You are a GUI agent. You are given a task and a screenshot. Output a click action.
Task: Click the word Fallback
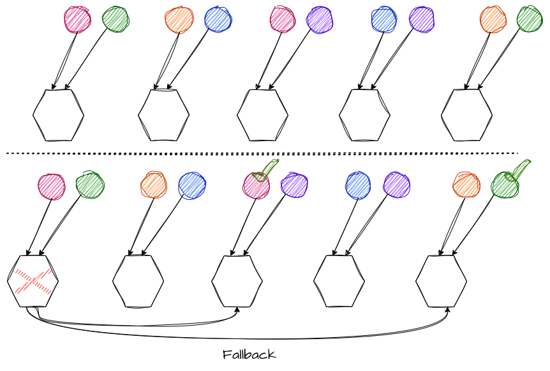tap(249, 354)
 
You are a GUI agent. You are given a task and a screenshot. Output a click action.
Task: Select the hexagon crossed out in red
tap(33, 281)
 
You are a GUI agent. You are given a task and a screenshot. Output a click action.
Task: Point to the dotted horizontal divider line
tap(262, 153)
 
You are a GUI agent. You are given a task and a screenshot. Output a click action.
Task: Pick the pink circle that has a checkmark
tap(256, 186)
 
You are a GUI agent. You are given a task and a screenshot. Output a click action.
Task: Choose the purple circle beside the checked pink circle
tap(294, 185)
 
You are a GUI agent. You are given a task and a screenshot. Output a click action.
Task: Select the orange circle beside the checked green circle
tap(466, 185)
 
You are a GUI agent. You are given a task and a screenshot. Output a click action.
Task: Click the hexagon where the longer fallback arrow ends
tap(441, 281)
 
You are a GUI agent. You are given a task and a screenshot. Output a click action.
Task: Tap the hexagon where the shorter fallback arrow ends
tap(237, 281)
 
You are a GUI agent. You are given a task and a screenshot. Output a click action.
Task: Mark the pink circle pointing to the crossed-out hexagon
tap(51, 186)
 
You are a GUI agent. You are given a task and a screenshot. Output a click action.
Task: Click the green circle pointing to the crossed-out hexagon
tap(89, 185)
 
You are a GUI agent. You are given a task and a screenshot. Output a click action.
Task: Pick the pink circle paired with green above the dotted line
tap(77, 20)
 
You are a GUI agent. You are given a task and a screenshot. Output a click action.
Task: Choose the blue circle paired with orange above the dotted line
tap(218, 19)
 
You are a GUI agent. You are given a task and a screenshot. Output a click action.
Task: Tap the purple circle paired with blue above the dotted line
tap(422, 19)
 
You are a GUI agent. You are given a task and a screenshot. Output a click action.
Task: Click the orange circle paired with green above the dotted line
tap(493, 20)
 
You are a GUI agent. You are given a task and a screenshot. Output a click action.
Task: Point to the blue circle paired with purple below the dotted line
tap(358, 185)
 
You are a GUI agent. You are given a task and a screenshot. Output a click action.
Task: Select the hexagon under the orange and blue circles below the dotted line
tap(138, 281)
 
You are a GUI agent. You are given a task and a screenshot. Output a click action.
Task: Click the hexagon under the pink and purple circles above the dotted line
tap(262, 115)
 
